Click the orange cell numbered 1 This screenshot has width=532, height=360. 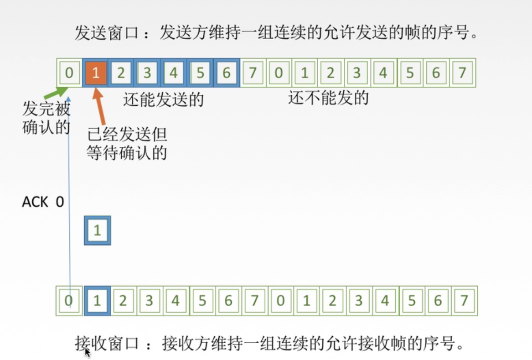[95, 73]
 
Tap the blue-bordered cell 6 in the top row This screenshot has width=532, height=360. [227, 73]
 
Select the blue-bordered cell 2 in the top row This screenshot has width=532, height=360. [121, 73]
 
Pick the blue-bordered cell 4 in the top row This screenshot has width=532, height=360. [174, 73]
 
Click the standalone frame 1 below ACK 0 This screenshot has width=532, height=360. [98, 230]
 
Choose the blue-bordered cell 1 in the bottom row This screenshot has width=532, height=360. [97, 301]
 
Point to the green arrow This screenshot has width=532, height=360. [57, 92]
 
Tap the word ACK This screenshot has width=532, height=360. [35, 202]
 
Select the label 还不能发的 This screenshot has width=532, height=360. [328, 98]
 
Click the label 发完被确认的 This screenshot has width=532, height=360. [46, 118]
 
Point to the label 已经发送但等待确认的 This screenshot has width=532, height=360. [127, 143]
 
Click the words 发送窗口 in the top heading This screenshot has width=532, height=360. [107, 33]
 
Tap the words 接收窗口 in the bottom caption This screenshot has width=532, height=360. [107, 344]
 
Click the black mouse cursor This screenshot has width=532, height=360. [87, 352]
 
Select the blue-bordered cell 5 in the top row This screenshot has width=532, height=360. [200, 73]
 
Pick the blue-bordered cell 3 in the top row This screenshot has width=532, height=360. [148, 73]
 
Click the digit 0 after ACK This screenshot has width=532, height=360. [60, 202]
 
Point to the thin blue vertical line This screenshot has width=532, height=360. [69, 202]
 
